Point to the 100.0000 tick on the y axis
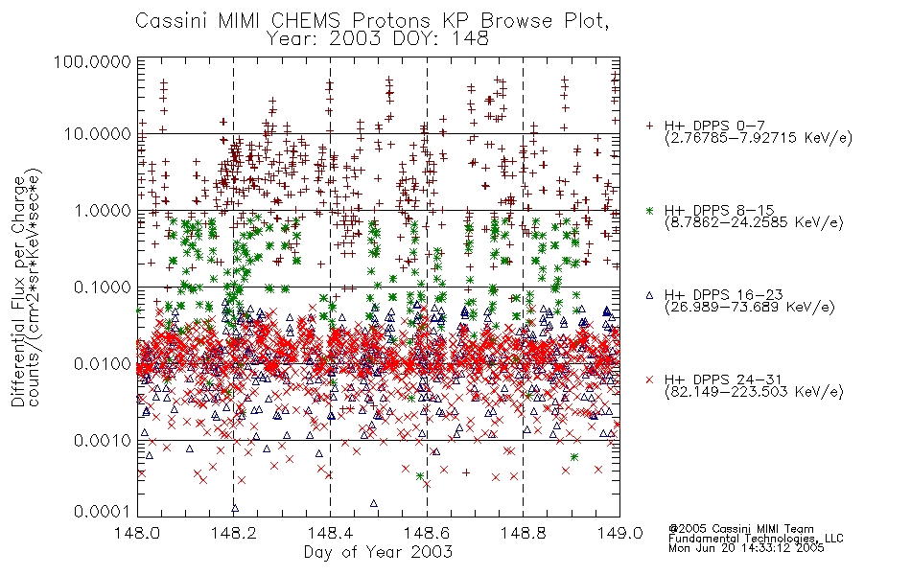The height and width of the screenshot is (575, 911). [92, 61]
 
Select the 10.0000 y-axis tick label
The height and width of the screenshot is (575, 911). [98, 134]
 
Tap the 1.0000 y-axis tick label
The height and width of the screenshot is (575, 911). [103, 210]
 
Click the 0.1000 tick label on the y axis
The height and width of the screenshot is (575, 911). [103, 287]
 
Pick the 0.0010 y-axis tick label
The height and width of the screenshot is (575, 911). [103, 440]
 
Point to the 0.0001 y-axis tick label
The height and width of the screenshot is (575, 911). [103, 512]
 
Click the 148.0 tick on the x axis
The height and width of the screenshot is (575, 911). [137, 533]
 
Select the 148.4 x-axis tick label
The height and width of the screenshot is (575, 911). [331, 533]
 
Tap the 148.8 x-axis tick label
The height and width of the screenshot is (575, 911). [524, 533]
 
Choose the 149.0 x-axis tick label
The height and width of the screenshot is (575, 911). [619, 533]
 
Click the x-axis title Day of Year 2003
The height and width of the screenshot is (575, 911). [378, 552]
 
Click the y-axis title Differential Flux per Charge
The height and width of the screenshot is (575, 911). [18, 291]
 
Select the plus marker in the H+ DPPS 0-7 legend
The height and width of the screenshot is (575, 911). [649, 126]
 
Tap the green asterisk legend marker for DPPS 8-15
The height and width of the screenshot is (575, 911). [649, 210]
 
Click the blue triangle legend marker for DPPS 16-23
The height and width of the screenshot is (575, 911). [649, 295]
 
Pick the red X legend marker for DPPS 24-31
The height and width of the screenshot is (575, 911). [649, 379]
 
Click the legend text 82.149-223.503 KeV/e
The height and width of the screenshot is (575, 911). [754, 392]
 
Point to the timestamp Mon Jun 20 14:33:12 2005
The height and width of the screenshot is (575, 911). [746, 547]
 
